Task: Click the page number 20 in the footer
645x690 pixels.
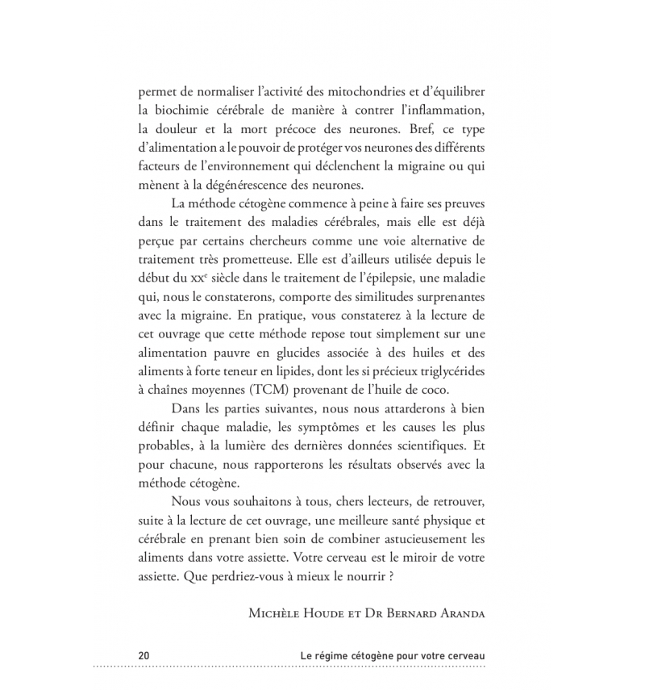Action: (144, 654)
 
